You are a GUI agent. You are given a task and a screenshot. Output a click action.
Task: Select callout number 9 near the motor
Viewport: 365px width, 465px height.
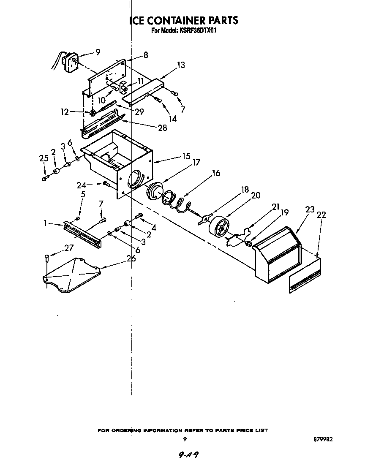[98, 52]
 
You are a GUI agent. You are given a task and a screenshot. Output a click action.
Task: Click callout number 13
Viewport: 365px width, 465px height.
[181, 65]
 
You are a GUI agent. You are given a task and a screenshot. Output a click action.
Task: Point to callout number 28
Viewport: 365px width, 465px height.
[163, 128]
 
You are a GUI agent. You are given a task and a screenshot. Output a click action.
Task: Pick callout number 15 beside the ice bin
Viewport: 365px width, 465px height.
[186, 156]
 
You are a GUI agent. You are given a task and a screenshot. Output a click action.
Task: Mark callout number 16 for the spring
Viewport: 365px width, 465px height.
[216, 173]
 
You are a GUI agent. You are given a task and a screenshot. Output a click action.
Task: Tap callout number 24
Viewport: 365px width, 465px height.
[81, 184]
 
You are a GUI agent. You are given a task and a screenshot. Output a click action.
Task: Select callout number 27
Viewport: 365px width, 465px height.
[69, 248]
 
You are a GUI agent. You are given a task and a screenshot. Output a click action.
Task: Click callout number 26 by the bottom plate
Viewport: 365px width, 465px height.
[131, 258]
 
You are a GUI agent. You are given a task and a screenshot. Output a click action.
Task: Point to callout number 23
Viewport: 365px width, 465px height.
[310, 209]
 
